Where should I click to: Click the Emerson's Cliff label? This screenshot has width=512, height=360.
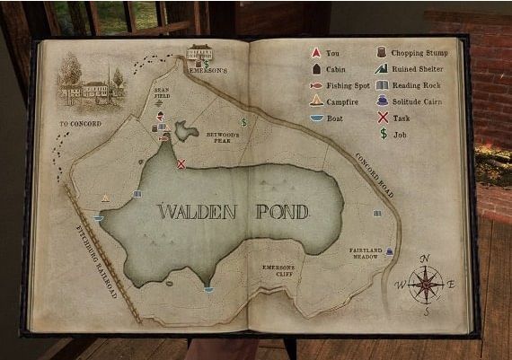pyautogui.click(x=278, y=268)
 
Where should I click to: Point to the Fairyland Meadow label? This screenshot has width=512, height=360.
pyautogui.click(x=366, y=252)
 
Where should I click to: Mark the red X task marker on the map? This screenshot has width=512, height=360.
pyautogui.click(x=181, y=163)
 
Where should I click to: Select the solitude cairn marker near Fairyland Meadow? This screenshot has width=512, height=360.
pyautogui.click(x=389, y=252)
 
